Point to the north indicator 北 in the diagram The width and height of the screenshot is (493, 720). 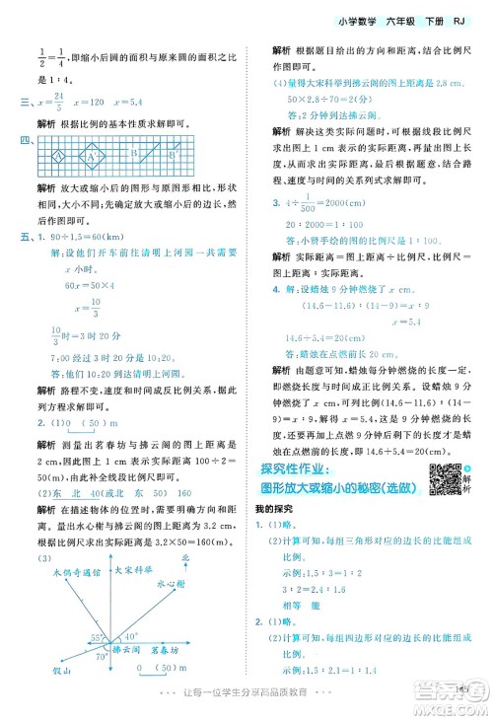tap(211, 558)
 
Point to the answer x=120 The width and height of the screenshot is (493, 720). tap(106, 101)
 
